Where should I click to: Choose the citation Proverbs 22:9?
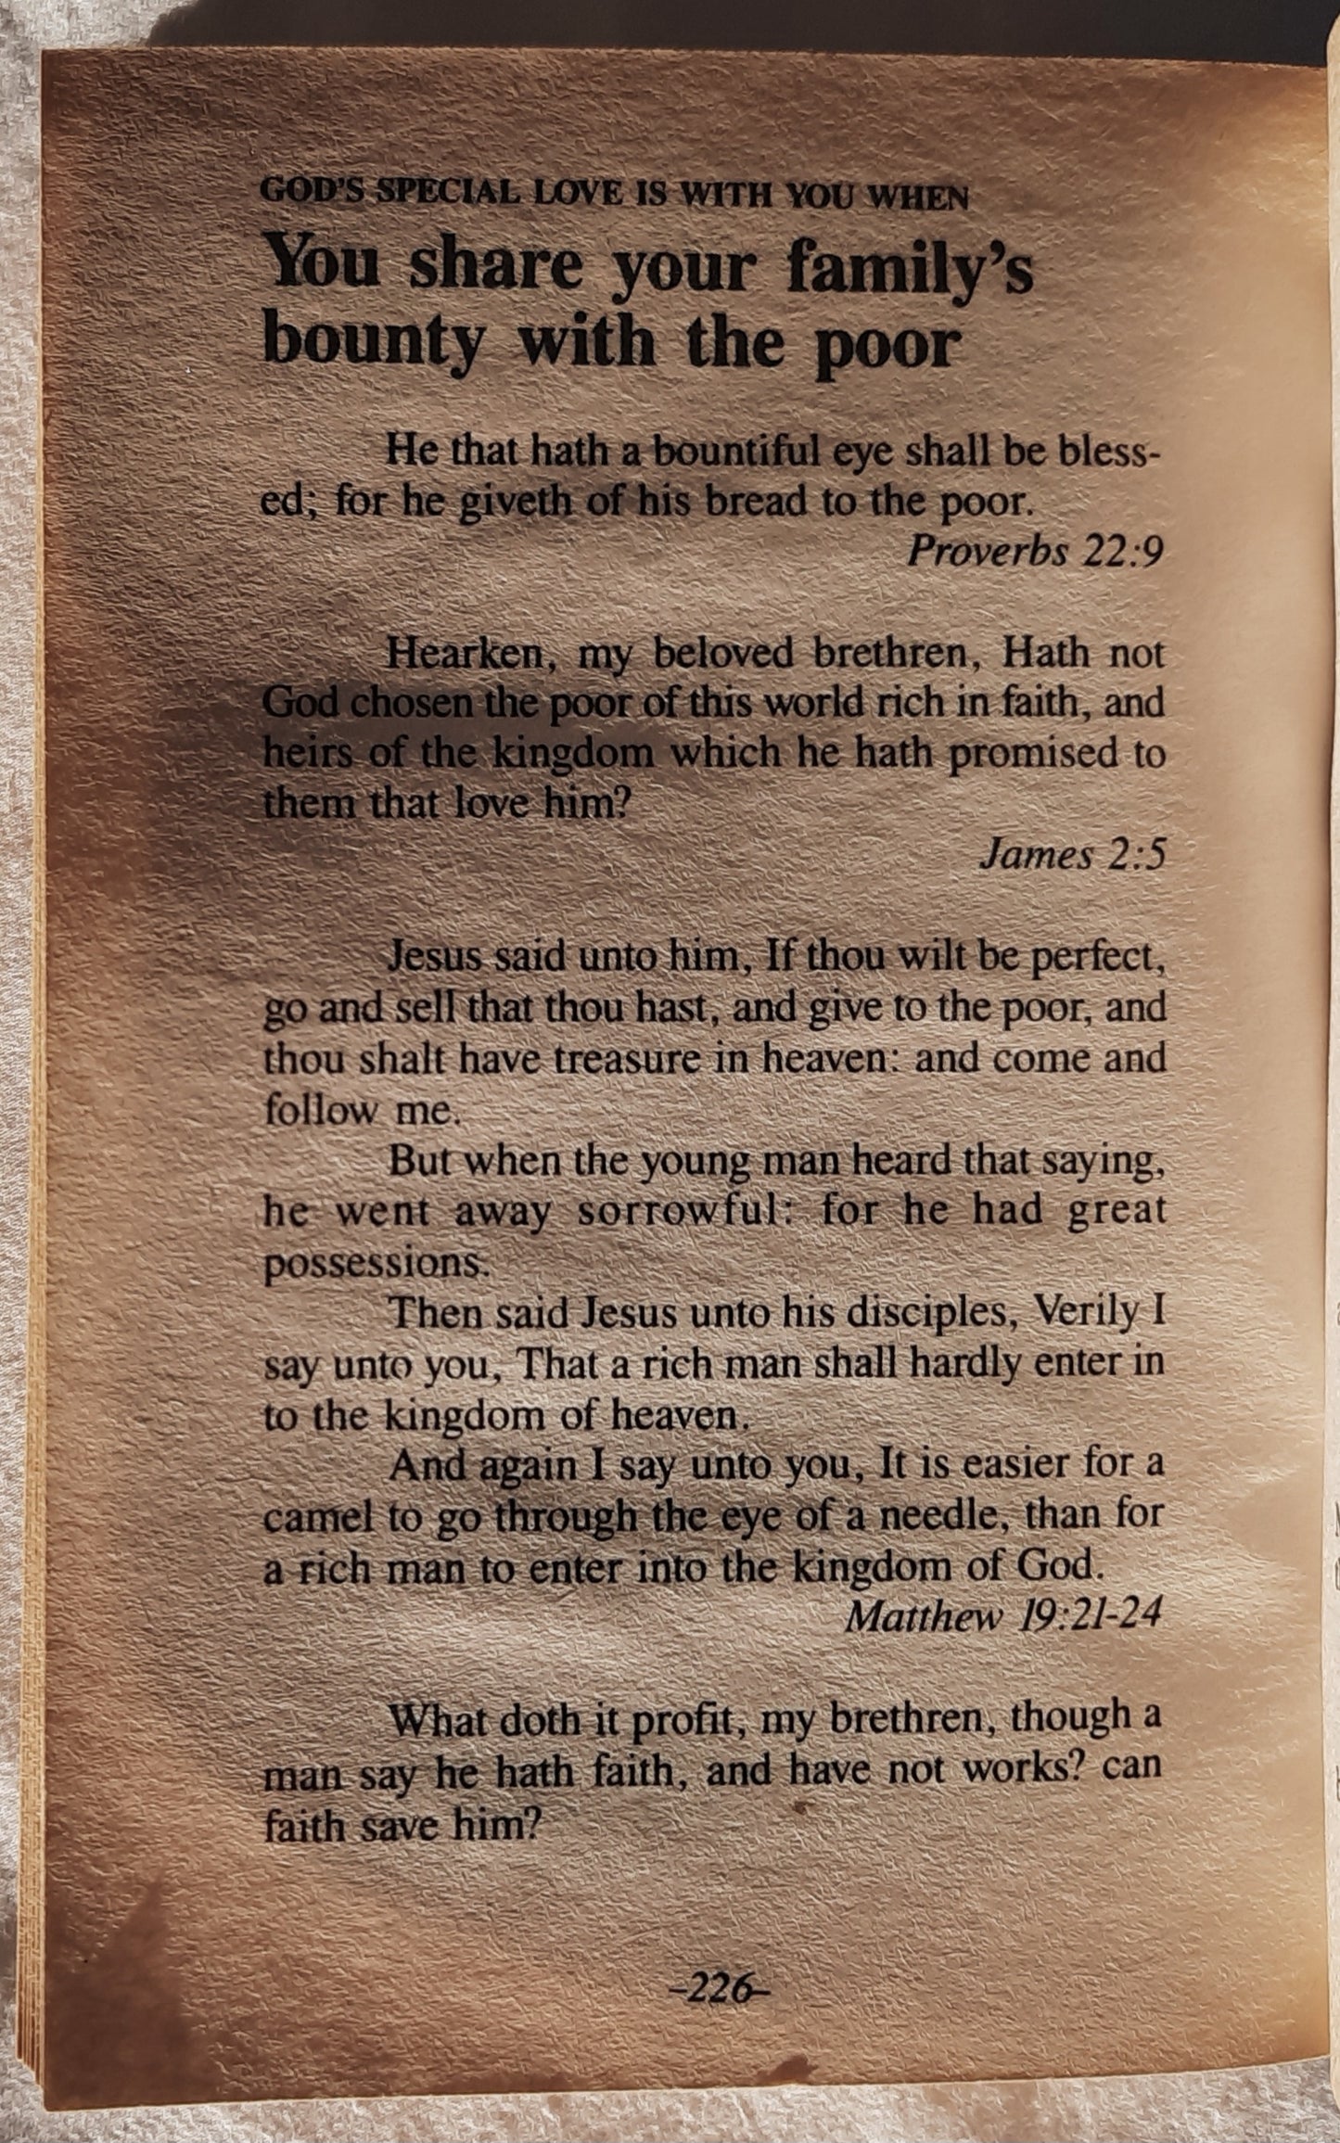(1033, 552)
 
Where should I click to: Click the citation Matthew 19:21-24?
(1002, 1617)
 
